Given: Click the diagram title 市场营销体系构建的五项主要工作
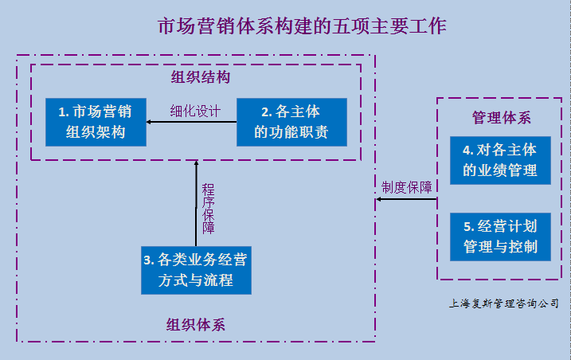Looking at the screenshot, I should [302, 25].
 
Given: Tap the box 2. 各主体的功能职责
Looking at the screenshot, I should [291, 121].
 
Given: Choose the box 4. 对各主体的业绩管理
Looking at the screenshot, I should [500, 159].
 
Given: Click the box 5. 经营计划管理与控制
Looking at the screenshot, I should [500, 235].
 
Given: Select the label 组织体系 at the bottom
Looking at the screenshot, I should [196, 324].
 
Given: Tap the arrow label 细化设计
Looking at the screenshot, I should [195, 111].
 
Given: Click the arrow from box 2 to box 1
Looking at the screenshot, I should [192, 122].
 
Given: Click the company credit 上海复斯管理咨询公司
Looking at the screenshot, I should [503, 303].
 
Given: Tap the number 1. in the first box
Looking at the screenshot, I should [64, 112].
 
